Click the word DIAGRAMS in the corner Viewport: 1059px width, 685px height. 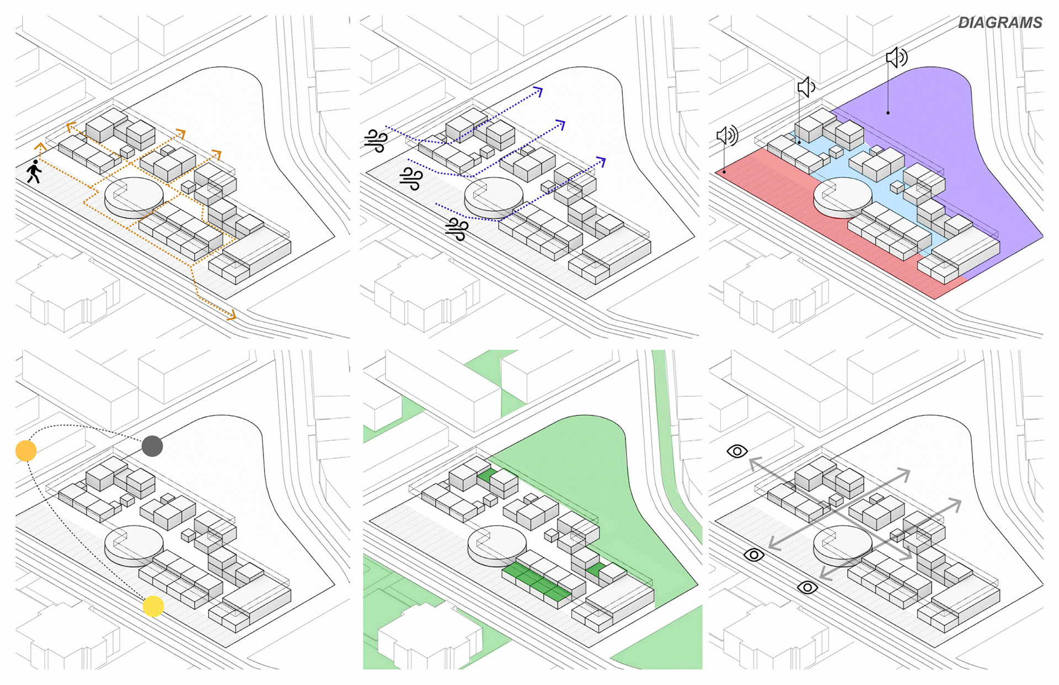coord(999,23)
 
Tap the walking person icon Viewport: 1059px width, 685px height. coord(34,172)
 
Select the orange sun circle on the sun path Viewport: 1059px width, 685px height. coord(26,451)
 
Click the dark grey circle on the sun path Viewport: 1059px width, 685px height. coord(152,446)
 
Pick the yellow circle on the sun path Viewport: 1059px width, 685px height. coord(153,606)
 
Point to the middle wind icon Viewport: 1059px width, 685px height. coord(411,179)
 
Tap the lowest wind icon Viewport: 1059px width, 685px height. coord(457,229)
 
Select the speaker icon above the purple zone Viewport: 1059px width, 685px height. coord(896,57)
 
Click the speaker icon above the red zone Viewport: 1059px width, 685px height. coord(727,136)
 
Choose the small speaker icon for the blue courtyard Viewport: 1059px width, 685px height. coord(806,87)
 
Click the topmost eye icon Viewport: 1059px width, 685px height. coord(737,451)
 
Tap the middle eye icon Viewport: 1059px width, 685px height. coord(753,555)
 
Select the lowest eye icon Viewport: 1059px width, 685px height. coord(807,587)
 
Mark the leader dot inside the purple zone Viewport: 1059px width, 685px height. coord(888,113)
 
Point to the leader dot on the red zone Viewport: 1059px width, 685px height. coord(724,172)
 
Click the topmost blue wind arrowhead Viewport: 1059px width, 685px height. coord(538,91)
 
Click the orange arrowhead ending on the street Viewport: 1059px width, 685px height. coord(232,315)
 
